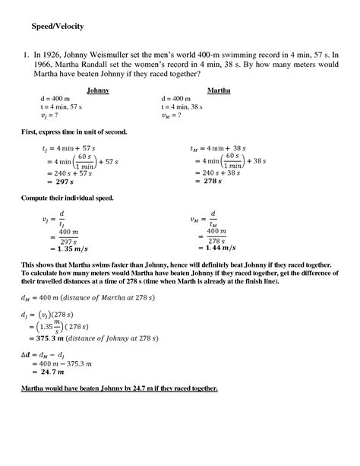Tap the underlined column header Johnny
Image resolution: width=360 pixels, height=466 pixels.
pyautogui.click(x=98, y=90)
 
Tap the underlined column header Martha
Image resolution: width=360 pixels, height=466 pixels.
pyautogui.click(x=219, y=90)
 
